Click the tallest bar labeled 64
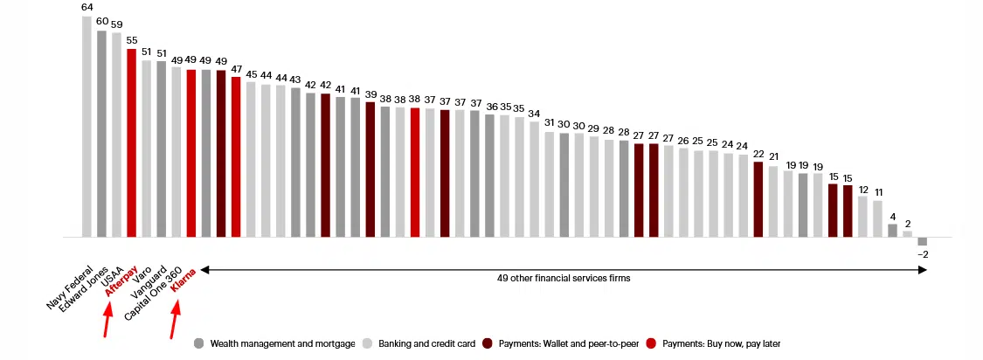pyautogui.click(x=87, y=127)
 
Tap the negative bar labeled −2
pyautogui.click(x=922, y=241)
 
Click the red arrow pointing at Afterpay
pyautogui.click(x=107, y=324)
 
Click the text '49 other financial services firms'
pyautogui.click(x=564, y=278)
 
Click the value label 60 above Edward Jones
pyautogui.click(x=101, y=21)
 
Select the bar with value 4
pyautogui.click(x=892, y=231)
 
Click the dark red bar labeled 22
pyautogui.click(x=758, y=199)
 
